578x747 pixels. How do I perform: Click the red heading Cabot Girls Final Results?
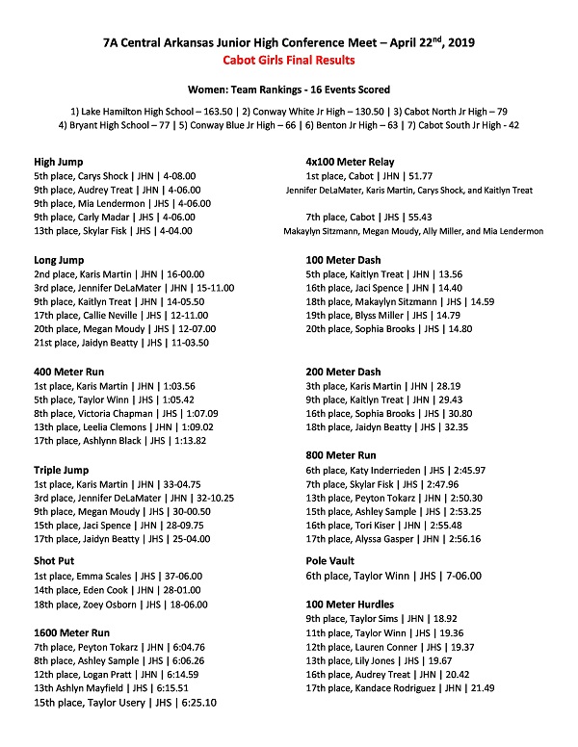pyautogui.click(x=289, y=60)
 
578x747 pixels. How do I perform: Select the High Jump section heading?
pyautogui.click(x=58, y=162)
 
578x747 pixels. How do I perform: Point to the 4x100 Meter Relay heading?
pyautogui.click(x=349, y=162)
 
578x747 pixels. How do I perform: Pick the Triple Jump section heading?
pyautogui.click(x=62, y=470)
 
